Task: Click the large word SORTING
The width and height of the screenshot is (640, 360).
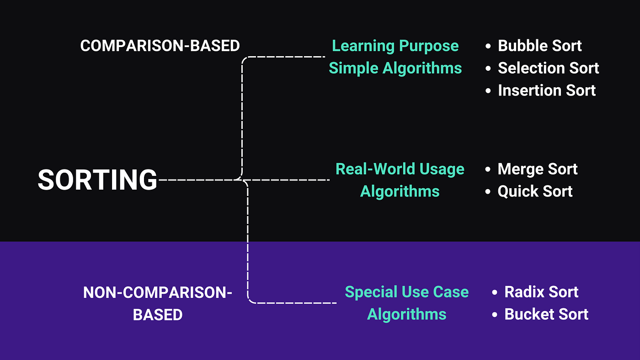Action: (97, 180)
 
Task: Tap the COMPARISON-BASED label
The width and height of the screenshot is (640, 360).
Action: (160, 46)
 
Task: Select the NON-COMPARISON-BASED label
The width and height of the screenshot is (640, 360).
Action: (158, 303)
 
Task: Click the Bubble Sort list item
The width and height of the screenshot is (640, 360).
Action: (539, 46)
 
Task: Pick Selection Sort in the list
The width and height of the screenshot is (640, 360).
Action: (548, 68)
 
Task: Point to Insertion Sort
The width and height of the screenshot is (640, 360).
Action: (547, 90)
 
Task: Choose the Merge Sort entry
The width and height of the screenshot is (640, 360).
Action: (538, 169)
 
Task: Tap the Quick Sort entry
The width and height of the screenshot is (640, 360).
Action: (535, 191)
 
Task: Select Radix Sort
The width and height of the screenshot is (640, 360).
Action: (541, 292)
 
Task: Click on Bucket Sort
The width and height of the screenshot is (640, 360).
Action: (546, 314)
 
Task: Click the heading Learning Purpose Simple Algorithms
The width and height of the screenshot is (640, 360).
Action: (395, 57)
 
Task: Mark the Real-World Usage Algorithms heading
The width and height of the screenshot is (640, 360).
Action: (400, 180)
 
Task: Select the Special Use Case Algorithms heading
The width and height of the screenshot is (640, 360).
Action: (407, 303)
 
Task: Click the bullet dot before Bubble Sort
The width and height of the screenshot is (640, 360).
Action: (489, 46)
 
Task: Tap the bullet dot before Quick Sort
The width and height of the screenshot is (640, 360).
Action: (489, 192)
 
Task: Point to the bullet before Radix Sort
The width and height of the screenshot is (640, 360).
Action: (495, 292)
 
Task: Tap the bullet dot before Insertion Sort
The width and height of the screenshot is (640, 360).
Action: (489, 91)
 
